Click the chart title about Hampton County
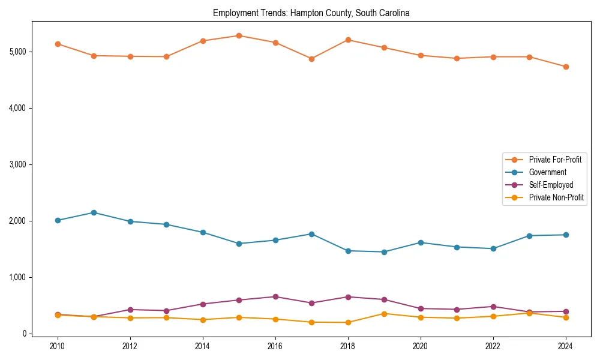pyautogui.click(x=311, y=13)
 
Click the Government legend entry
pyautogui.click(x=547, y=172)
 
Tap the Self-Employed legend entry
pyautogui.click(x=551, y=185)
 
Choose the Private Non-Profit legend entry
pyautogui.click(x=556, y=197)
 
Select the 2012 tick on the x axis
pyautogui.click(x=130, y=346)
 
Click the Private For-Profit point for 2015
pyautogui.click(x=239, y=35)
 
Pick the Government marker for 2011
pyautogui.click(x=94, y=212)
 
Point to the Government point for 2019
pyautogui.click(x=384, y=252)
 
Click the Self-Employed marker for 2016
pyautogui.click(x=275, y=296)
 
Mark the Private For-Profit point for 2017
pyautogui.click(x=311, y=59)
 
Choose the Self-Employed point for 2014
pyautogui.click(x=203, y=304)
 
